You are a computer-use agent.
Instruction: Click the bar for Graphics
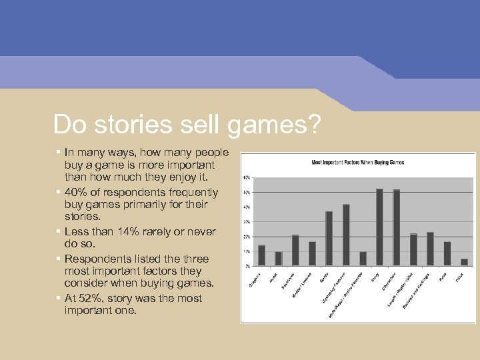pos(261,255)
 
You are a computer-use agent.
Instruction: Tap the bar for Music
pos(279,259)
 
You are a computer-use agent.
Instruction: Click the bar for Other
pos(464,262)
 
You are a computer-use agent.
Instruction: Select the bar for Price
pos(447,253)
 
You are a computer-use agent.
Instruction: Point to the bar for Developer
pos(295,250)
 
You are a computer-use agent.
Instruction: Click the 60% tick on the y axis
pos(247,178)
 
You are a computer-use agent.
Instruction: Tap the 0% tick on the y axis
pos(247,266)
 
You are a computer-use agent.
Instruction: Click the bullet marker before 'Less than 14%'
pos(59,231)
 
